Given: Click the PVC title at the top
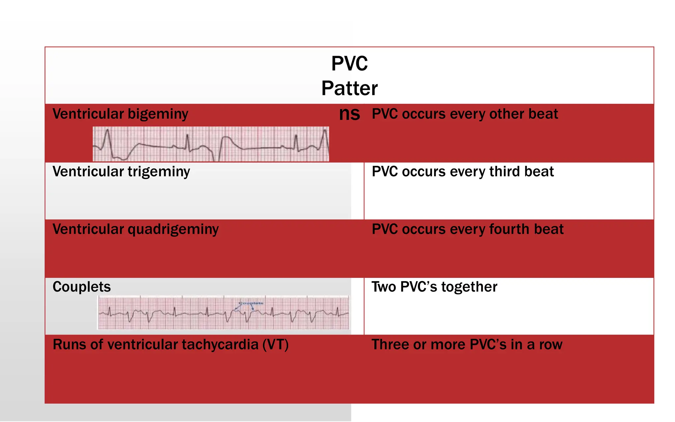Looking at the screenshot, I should (349, 63).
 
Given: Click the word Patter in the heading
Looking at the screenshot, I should (349, 88).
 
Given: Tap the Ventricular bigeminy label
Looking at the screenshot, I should (120, 114).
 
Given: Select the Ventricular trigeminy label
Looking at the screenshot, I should (121, 172).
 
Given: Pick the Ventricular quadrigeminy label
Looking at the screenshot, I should (135, 229).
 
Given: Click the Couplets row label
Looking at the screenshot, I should (82, 287).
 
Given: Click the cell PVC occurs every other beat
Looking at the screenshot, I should (465, 114).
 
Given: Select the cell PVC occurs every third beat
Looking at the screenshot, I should (463, 172).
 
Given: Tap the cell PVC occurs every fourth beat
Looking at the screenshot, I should (468, 229).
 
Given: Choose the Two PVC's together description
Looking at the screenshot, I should (434, 287).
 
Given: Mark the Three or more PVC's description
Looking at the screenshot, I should (467, 345).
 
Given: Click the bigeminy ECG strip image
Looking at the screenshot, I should (211, 144).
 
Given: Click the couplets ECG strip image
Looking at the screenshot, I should (223, 313).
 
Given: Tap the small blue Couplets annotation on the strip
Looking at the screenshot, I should (251, 303).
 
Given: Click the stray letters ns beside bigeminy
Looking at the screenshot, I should (349, 114).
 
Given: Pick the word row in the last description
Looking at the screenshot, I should (551, 345).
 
